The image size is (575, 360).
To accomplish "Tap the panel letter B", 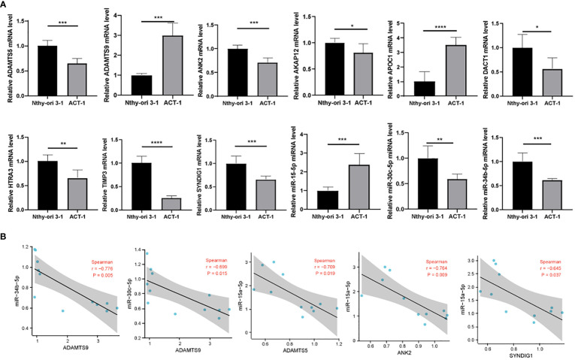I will coord(5,236).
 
